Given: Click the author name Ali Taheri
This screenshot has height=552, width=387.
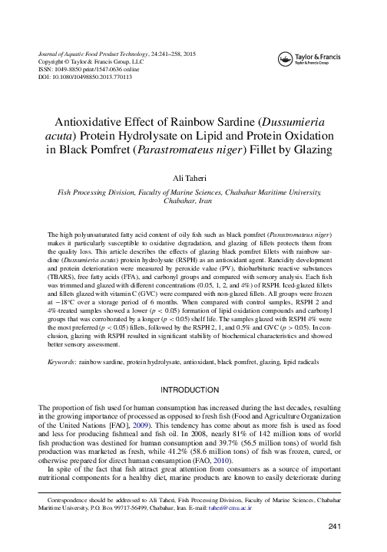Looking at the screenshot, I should pyautogui.click(x=193, y=179).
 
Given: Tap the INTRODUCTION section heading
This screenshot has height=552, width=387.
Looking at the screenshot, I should pyautogui.click(x=193, y=390).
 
